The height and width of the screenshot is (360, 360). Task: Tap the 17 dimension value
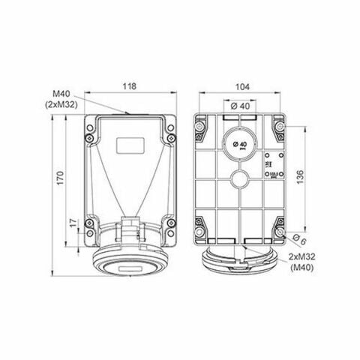[x=72, y=223]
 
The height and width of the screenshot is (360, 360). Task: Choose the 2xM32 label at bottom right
[x=301, y=256]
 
